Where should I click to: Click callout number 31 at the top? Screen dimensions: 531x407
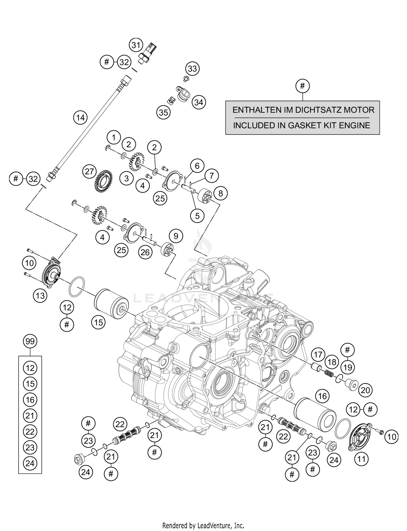pos(136,45)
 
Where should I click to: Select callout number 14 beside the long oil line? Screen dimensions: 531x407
pos(80,118)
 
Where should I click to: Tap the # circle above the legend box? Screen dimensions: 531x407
pos(302,86)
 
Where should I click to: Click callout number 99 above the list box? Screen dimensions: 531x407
pos(30,341)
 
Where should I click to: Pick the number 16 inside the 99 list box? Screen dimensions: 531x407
pos(30,400)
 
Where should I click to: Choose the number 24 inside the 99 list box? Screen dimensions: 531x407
pos(30,463)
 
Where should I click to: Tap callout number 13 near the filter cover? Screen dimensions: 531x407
pos(40,295)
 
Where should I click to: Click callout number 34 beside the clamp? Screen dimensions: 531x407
pos(199,103)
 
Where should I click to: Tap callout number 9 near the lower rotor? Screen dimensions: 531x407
pos(176,236)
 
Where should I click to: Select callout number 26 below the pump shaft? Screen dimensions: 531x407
pos(145,252)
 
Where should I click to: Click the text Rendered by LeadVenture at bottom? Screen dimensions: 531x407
pos(203,525)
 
